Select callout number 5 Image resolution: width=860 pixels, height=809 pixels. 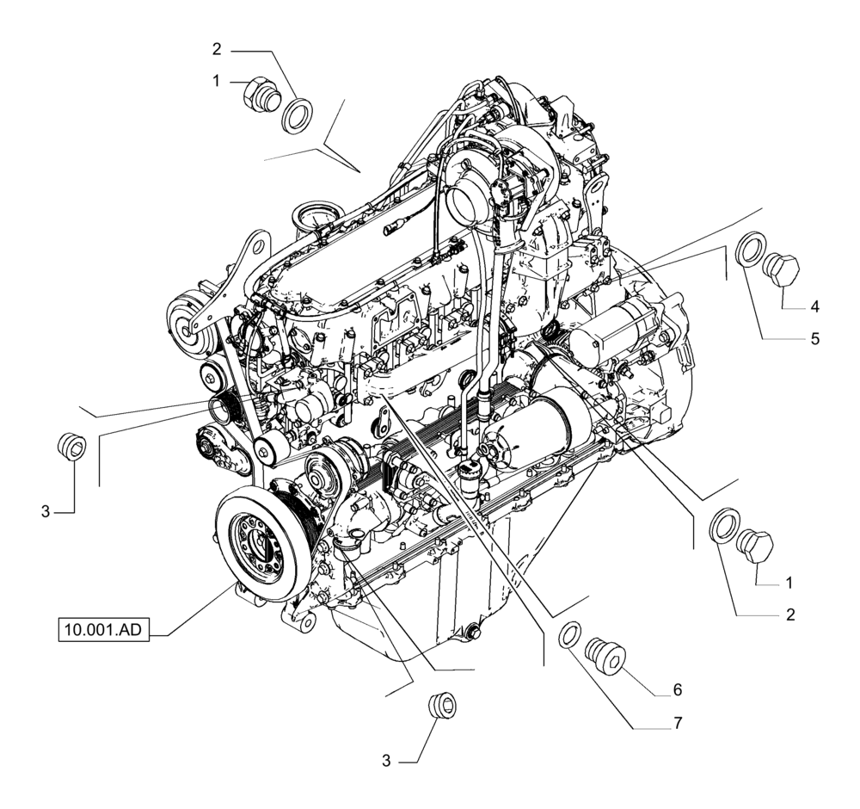pos(814,338)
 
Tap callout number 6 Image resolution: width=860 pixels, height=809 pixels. pos(677,689)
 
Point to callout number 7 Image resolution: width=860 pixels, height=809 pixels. pos(677,724)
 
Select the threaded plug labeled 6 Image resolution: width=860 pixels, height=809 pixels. pos(604,653)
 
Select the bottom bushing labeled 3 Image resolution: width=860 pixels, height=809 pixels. pos(443,703)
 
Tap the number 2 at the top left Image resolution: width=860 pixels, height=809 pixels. pos(218,49)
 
